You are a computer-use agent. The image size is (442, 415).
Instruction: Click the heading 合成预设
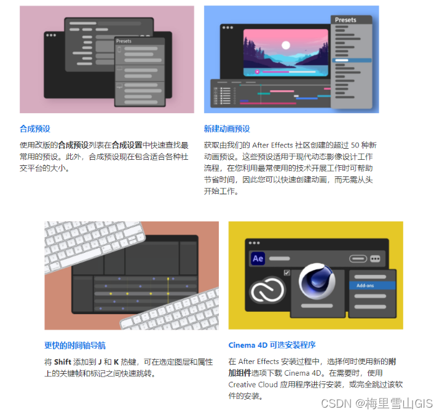click(34, 129)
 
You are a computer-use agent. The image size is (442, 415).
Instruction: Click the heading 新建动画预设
click(227, 129)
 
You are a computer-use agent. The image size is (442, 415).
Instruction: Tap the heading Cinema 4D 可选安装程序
click(272, 346)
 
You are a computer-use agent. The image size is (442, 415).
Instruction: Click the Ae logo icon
click(258, 259)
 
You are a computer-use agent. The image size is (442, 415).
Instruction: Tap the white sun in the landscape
click(285, 45)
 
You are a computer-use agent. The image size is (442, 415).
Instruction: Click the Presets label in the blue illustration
click(345, 20)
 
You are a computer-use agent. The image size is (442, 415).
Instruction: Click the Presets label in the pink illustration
click(124, 41)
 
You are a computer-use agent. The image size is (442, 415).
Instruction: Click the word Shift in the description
click(63, 362)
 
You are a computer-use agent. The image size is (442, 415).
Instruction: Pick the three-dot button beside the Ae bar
click(375, 259)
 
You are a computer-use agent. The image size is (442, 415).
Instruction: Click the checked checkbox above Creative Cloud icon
click(286, 272)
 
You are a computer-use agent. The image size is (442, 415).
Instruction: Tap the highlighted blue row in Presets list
click(352, 60)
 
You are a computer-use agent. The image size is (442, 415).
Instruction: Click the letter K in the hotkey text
click(116, 362)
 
